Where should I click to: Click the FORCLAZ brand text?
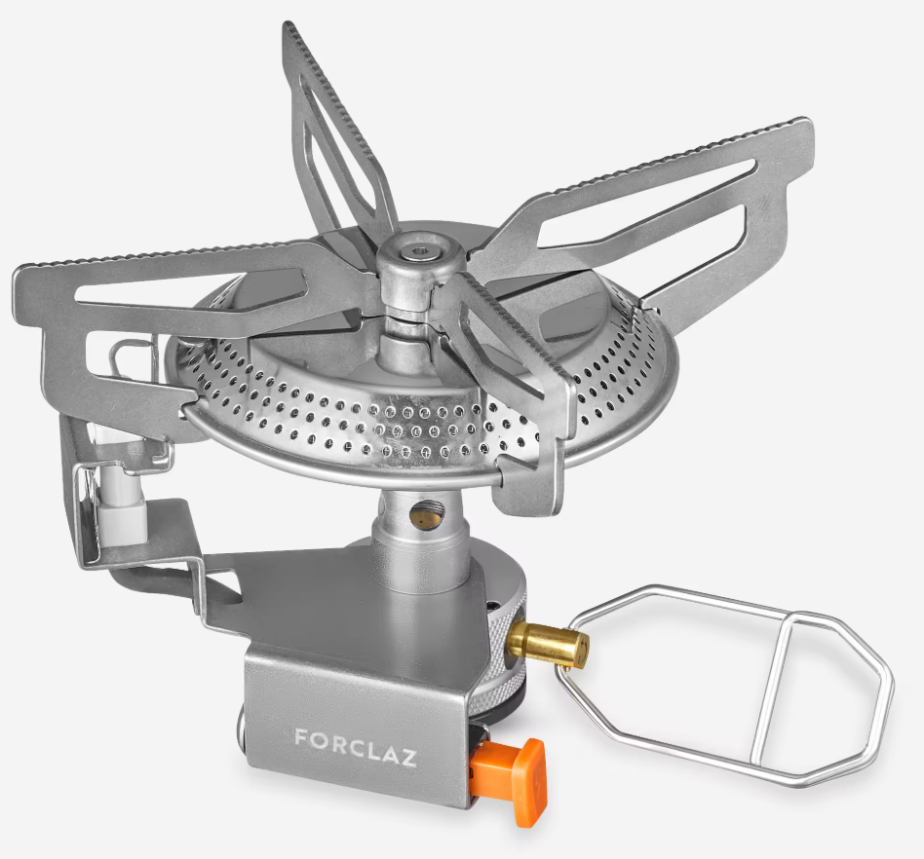tap(356, 747)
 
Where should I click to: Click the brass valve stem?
tap(549, 643)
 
